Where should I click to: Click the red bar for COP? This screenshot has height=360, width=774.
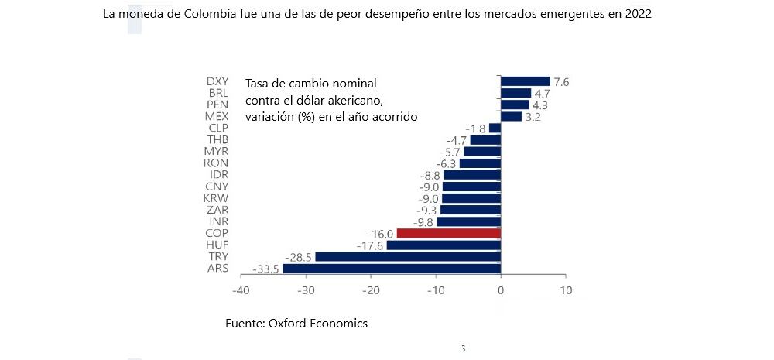click(x=448, y=233)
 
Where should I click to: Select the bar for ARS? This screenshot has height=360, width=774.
click(x=392, y=269)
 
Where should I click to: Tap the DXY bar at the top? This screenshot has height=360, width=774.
click(x=525, y=81)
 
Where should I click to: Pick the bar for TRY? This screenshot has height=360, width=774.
click(x=408, y=256)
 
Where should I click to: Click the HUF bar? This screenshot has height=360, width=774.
click(x=444, y=245)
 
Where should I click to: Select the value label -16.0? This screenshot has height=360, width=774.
click(x=380, y=233)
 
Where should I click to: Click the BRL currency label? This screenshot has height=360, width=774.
click(x=217, y=93)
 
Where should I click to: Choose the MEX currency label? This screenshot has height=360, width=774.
click(x=216, y=116)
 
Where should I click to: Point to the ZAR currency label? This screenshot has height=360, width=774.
click(x=217, y=210)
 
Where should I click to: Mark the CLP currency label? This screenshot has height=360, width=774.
click(x=217, y=128)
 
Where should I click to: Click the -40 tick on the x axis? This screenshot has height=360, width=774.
click(x=241, y=291)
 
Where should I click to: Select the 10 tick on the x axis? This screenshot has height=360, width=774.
click(x=566, y=291)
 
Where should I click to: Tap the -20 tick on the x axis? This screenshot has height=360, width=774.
click(x=371, y=291)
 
